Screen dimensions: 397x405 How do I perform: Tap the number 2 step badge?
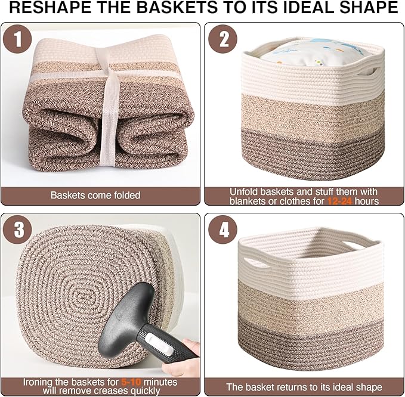click(224, 40)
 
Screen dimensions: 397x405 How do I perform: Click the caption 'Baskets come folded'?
click(95, 196)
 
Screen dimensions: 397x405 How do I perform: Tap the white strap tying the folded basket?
click(111, 113)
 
